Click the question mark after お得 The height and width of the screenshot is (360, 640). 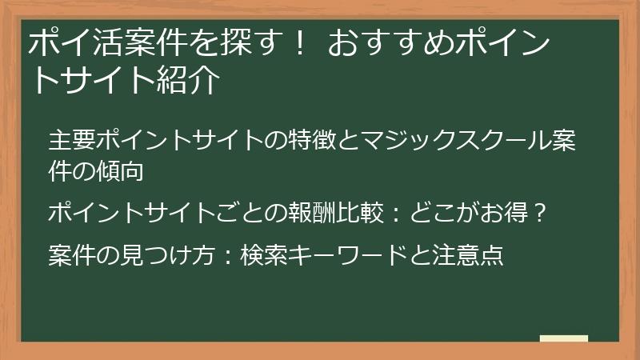tap(539, 214)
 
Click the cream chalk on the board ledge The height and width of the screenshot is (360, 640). tap(563, 339)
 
